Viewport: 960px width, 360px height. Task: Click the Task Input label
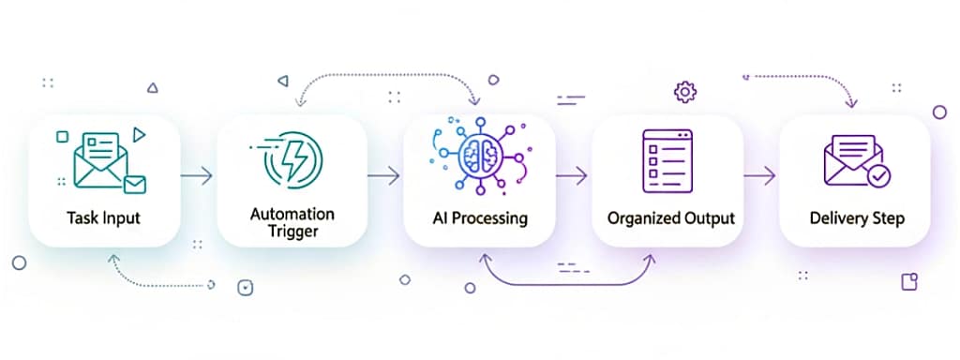click(103, 218)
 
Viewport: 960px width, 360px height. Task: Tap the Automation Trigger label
click(292, 221)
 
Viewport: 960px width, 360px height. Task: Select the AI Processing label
click(479, 218)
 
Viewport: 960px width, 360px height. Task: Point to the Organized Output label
click(670, 218)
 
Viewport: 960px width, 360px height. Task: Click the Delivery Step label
click(857, 218)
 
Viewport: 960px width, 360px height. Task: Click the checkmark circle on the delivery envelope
click(878, 174)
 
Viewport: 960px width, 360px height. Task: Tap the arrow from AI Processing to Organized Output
click(571, 174)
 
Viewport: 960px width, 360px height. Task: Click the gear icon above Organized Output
click(685, 92)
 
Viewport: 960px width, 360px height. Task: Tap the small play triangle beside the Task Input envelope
click(140, 135)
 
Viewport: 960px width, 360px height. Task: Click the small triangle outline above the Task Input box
click(153, 87)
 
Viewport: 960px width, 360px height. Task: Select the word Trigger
click(292, 231)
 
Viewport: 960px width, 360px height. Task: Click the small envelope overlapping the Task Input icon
click(135, 184)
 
